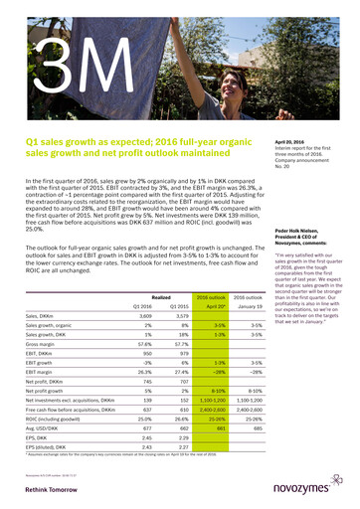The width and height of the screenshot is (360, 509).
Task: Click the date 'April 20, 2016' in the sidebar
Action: [288, 142]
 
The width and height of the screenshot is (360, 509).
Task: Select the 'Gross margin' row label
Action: [42, 316]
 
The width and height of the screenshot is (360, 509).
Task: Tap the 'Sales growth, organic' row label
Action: [50, 297]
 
